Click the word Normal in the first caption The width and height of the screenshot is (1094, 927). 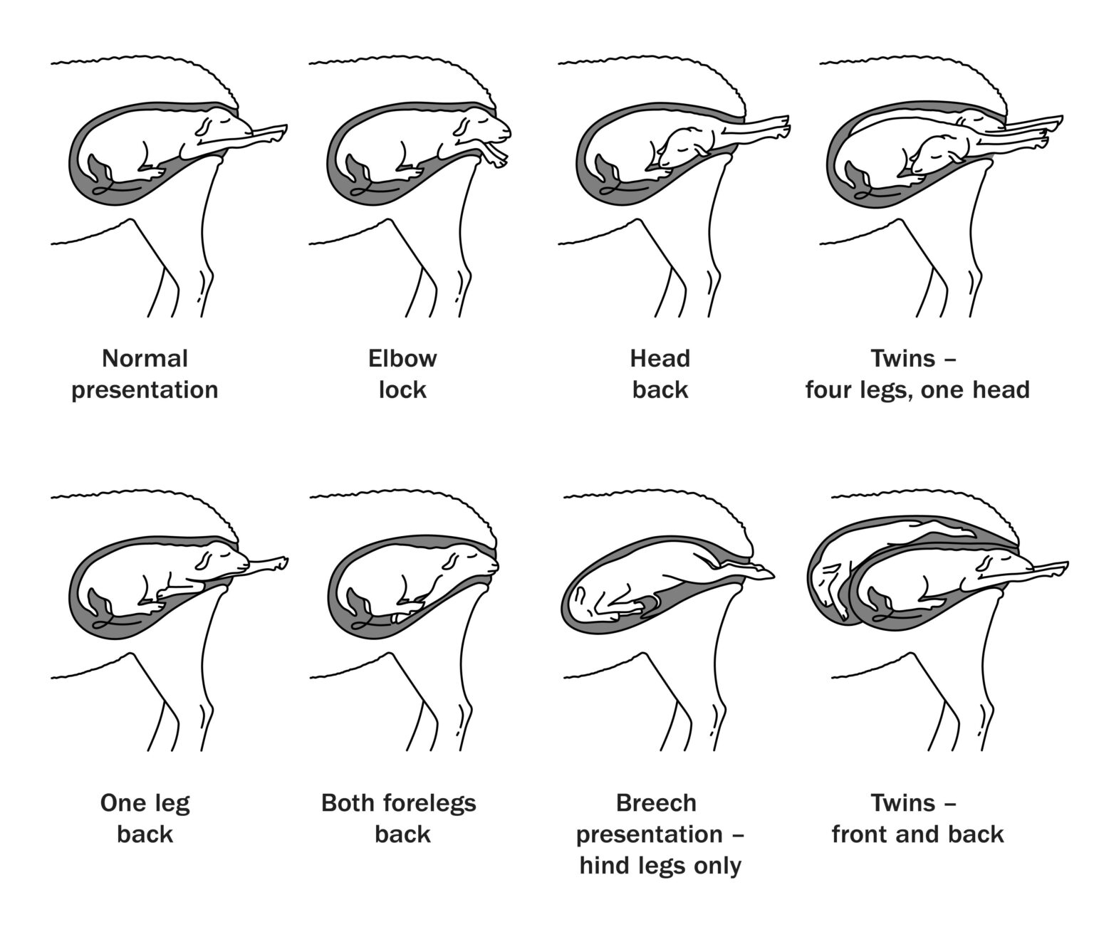tap(145, 358)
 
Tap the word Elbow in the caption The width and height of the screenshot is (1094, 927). tap(402, 358)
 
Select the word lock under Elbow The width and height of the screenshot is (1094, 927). tap(402, 390)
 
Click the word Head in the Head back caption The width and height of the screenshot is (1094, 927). tap(660, 358)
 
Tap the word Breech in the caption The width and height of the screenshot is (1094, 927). tap(656, 803)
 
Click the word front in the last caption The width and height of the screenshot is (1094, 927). tap(860, 834)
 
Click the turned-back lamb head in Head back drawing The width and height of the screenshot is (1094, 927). tap(684, 146)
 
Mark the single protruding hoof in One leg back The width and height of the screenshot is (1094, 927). tap(278, 564)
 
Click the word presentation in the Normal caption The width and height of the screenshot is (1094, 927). tap(145, 390)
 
